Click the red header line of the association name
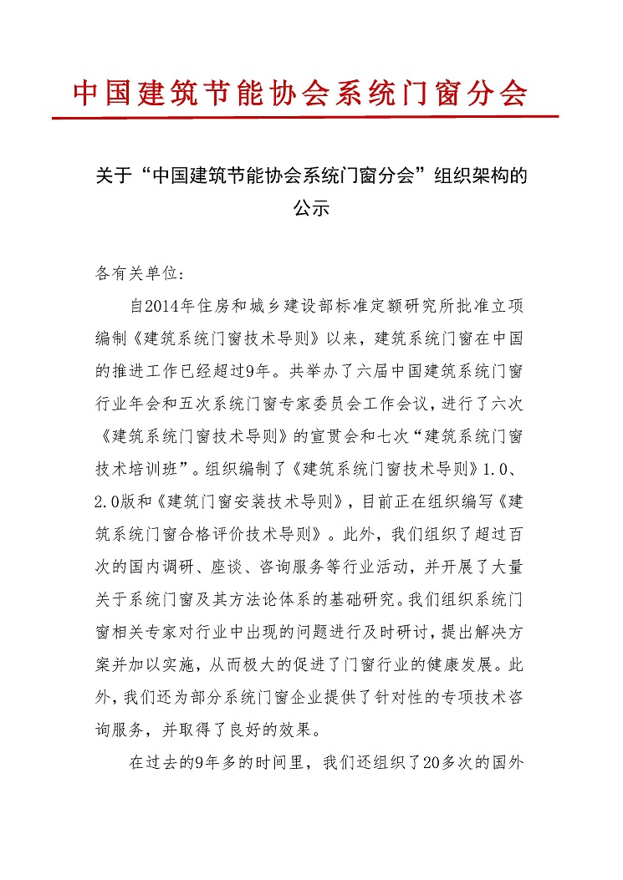coord(301,93)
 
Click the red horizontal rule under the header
coord(304,117)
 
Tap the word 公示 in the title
coord(311,209)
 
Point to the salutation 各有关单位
coord(133,273)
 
